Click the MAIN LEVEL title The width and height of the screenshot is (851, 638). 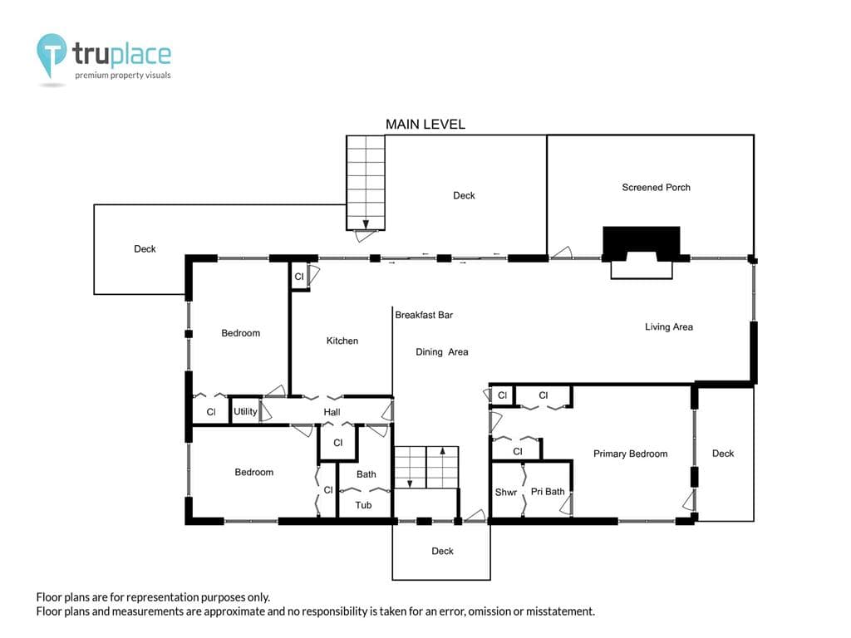[x=425, y=125]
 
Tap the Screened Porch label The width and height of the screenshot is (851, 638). [x=657, y=187]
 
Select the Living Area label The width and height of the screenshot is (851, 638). [x=669, y=326]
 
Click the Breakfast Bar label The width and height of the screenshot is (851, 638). [x=424, y=315]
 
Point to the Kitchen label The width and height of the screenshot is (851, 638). [x=342, y=341]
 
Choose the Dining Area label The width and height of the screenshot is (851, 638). [x=442, y=352]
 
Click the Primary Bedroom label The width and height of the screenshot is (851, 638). [x=630, y=454]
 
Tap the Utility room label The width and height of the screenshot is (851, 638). [x=245, y=411]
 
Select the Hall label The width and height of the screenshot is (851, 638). [x=332, y=412]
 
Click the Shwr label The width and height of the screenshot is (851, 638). [x=506, y=492]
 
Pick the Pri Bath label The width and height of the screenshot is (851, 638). [x=548, y=492]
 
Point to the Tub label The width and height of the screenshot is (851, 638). [x=363, y=505]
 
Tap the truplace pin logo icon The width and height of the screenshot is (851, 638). [x=52, y=53]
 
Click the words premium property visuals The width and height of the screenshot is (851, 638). [x=123, y=76]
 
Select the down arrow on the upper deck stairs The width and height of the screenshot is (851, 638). [x=366, y=223]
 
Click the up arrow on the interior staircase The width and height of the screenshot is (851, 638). [x=442, y=450]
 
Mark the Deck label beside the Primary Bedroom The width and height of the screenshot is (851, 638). [x=723, y=453]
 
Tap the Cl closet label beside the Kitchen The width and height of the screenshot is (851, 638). [x=299, y=277]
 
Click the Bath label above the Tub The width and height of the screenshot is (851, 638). [x=366, y=474]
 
